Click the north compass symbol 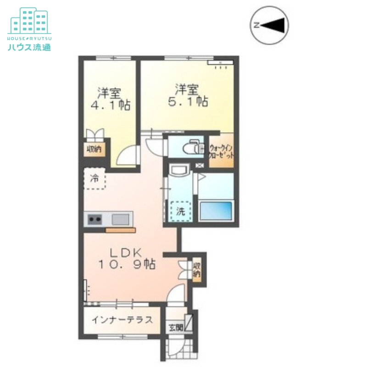click(270, 25)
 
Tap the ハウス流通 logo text click(29, 47)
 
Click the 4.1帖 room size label click(110, 105)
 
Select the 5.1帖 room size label click(188, 101)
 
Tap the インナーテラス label click(122, 320)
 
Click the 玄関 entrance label click(175, 328)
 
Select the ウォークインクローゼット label click(222, 151)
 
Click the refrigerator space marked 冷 click(95, 178)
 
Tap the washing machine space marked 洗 click(181, 211)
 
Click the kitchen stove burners click(95, 220)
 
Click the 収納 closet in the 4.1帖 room click(95, 149)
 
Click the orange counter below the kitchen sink click(120, 230)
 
